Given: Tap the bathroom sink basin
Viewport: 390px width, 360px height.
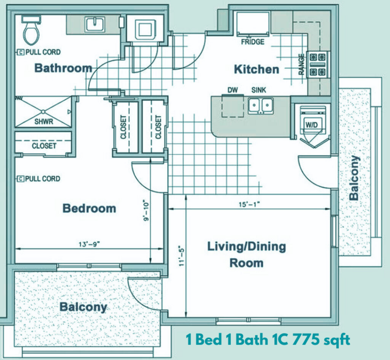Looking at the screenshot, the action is click(95, 24).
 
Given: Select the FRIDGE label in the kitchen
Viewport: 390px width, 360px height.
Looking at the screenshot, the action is click(253, 42).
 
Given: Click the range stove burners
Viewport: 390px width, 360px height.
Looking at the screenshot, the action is click(317, 65).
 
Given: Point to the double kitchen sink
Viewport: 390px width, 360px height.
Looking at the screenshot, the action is click(260, 105).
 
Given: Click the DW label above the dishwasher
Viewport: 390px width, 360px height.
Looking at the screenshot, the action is click(232, 90).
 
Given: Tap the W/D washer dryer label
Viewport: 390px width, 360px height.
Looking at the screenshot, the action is click(312, 125).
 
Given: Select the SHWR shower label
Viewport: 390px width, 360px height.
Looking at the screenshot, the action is click(44, 121).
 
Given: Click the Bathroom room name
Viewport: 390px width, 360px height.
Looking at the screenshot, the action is click(63, 68).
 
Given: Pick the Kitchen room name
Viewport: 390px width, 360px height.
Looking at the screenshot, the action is click(256, 69).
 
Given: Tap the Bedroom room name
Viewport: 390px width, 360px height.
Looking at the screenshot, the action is click(89, 208).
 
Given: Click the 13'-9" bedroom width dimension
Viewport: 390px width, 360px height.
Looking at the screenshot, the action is click(89, 244).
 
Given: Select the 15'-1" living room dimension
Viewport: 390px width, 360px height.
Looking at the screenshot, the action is click(249, 205).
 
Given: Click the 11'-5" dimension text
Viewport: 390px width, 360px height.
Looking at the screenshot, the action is click(182, 256).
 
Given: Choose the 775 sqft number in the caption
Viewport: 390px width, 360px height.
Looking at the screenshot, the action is click(321, 340).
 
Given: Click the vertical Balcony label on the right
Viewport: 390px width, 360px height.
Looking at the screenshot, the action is click(354, 178).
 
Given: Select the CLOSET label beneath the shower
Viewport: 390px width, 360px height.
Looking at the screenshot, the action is click(44, 146).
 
